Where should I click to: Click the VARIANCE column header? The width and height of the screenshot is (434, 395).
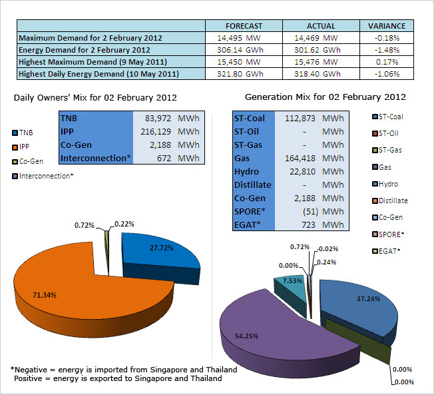coord(387,26)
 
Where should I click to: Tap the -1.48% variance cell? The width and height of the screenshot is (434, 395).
coord(387,50)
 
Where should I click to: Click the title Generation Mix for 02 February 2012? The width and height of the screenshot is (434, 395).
coord(325,97)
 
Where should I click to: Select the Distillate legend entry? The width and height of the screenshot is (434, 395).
coord(392,200)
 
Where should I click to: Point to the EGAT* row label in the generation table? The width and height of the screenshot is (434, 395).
coord(247,224)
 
